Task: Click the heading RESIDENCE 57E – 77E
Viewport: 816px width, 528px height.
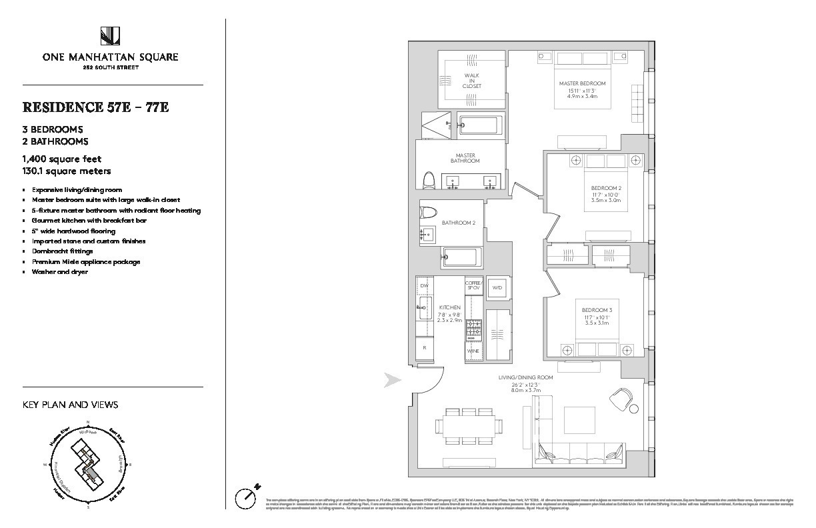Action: click(96, 107)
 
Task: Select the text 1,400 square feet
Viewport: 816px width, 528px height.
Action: click(61, 159)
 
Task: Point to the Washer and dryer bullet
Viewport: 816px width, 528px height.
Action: click(60, 272)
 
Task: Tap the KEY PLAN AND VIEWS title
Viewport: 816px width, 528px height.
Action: click(71, 405)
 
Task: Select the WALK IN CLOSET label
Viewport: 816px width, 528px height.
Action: click(473, 81)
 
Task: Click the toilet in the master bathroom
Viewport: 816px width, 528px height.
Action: click(430, 180)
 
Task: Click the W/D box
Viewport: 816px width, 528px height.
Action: click(497, 287)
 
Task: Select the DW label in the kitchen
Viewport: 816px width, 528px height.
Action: click(424, 286)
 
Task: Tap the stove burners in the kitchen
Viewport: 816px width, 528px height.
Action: click(473, 328)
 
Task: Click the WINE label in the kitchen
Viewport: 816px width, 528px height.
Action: click(473, 351)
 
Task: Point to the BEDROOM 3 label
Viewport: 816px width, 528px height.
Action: click(596, 311)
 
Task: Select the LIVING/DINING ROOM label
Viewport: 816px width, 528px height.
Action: click(527, 377)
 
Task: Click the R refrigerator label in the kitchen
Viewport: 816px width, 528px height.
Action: click(425, 348)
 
